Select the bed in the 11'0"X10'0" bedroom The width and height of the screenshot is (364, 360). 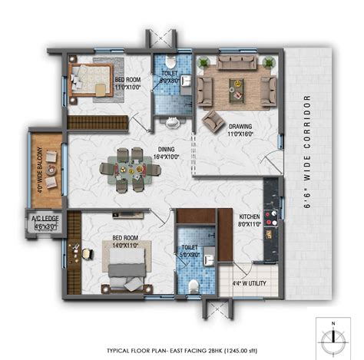(x=90, y=78)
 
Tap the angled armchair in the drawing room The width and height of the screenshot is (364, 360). (x=213, y=120)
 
